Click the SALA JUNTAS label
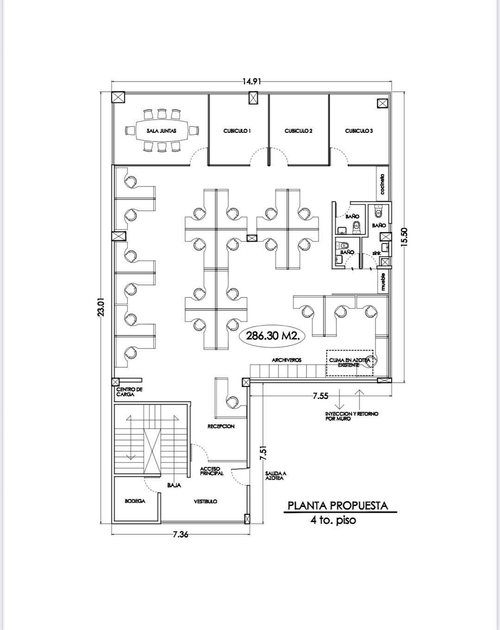[x=162, y=131]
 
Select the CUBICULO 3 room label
[x=359, y=131]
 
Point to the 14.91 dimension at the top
[x=251, y=81]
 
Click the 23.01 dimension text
[x=101, y=307]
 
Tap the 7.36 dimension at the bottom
[x=181, y=534]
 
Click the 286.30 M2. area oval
[x=272, y=336]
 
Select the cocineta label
[x=382, y=184]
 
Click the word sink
[x=376, y=253]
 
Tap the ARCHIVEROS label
[x=287, y=360]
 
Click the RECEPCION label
[x=221, y=426]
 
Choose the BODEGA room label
[x=135, y=501]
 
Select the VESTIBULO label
[x=206, y=501]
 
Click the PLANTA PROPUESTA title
[x=337, y=505]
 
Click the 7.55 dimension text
[x=320, y=396]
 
